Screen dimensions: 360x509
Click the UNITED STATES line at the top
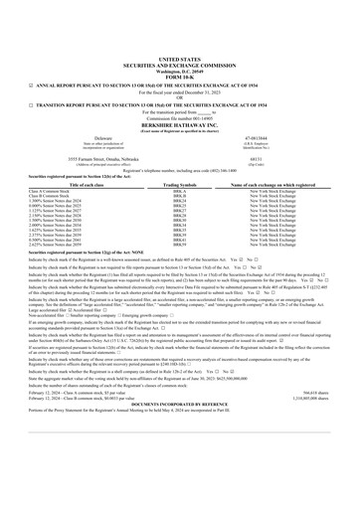(179, 61)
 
